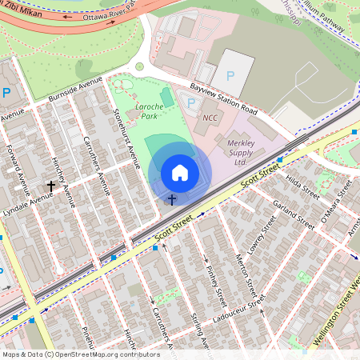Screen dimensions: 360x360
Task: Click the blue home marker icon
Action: pyautogui.click(x=180, y=173)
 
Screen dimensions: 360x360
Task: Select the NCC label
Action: pyautogui.click(x=210, y=118)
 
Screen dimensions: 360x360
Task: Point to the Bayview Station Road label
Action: pyautogui.click(x=223, y=98)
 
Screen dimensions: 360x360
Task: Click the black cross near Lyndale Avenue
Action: pyautogui.click(x=51, y=186)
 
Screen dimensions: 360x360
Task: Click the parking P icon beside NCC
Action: pyautogui.click(x=190, y=102)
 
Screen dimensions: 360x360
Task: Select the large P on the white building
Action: pyautogui.click(x=231, y=75)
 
